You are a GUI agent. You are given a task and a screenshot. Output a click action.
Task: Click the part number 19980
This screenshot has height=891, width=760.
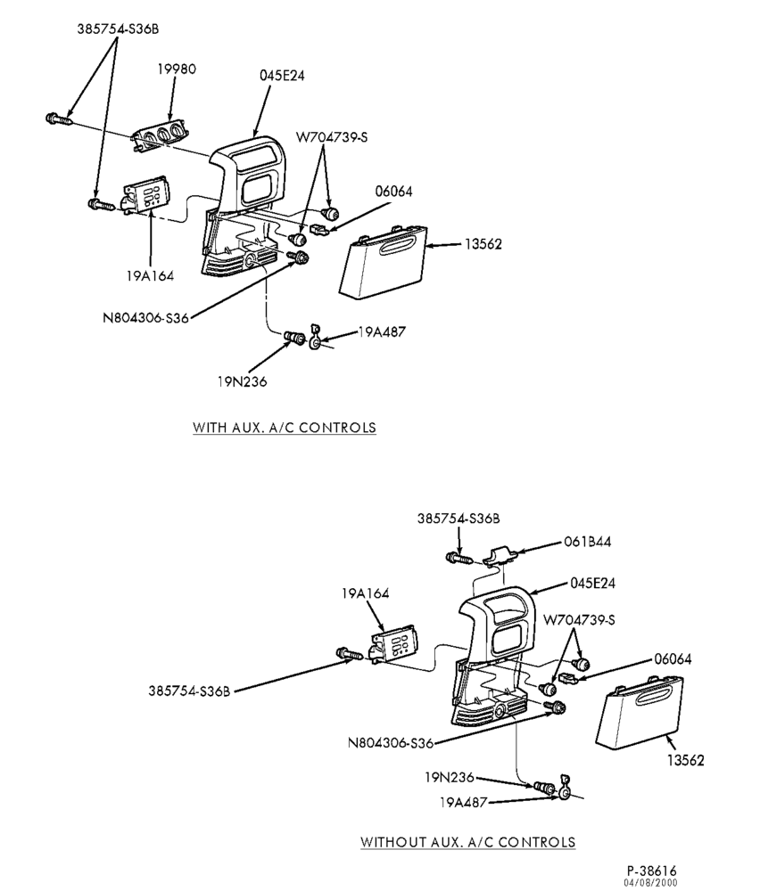click(x=177, y=69)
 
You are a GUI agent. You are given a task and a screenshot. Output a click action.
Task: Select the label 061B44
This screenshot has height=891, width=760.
click(x=588, y=542)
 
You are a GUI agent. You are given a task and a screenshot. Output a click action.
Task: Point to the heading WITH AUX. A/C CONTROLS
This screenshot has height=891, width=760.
click(x=285, y=428)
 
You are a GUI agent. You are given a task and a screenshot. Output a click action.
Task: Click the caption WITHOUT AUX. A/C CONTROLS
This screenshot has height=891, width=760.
click(x=467, y=842)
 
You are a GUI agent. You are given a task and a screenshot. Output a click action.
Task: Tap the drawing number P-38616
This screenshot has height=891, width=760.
click(x=652, y=871)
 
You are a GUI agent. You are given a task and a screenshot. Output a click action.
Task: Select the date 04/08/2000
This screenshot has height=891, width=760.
click(x=651, y=883)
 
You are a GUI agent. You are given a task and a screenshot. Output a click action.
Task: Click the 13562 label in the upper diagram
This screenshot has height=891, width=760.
click(x=483, y=244)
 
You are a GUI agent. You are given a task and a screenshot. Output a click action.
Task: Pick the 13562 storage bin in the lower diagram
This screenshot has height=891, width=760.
click(x=639, y=713)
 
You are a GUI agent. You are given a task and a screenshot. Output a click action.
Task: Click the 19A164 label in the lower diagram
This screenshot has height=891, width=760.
click(x=365, y=593)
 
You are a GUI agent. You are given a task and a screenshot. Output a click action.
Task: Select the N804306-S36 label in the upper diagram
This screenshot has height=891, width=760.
click(x=145, y=318)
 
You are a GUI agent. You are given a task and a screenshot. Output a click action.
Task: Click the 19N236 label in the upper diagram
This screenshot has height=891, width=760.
click(x=242, y=381)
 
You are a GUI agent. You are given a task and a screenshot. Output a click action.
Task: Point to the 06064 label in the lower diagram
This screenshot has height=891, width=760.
click(x=673, y=659)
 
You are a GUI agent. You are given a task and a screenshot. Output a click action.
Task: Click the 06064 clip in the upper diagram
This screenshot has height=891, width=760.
click(x=320, y=229)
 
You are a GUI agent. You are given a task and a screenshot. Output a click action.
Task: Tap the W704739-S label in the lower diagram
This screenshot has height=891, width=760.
click(x=579, y=619)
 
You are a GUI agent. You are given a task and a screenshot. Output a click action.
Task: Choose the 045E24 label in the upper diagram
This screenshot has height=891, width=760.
click(x=282, y=75)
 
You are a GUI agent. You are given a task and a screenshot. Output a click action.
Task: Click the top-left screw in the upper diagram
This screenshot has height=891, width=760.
click(x=58, y=119)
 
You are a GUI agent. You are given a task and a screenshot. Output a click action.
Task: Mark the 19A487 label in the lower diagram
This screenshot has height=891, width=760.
click(x=463, y=803)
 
